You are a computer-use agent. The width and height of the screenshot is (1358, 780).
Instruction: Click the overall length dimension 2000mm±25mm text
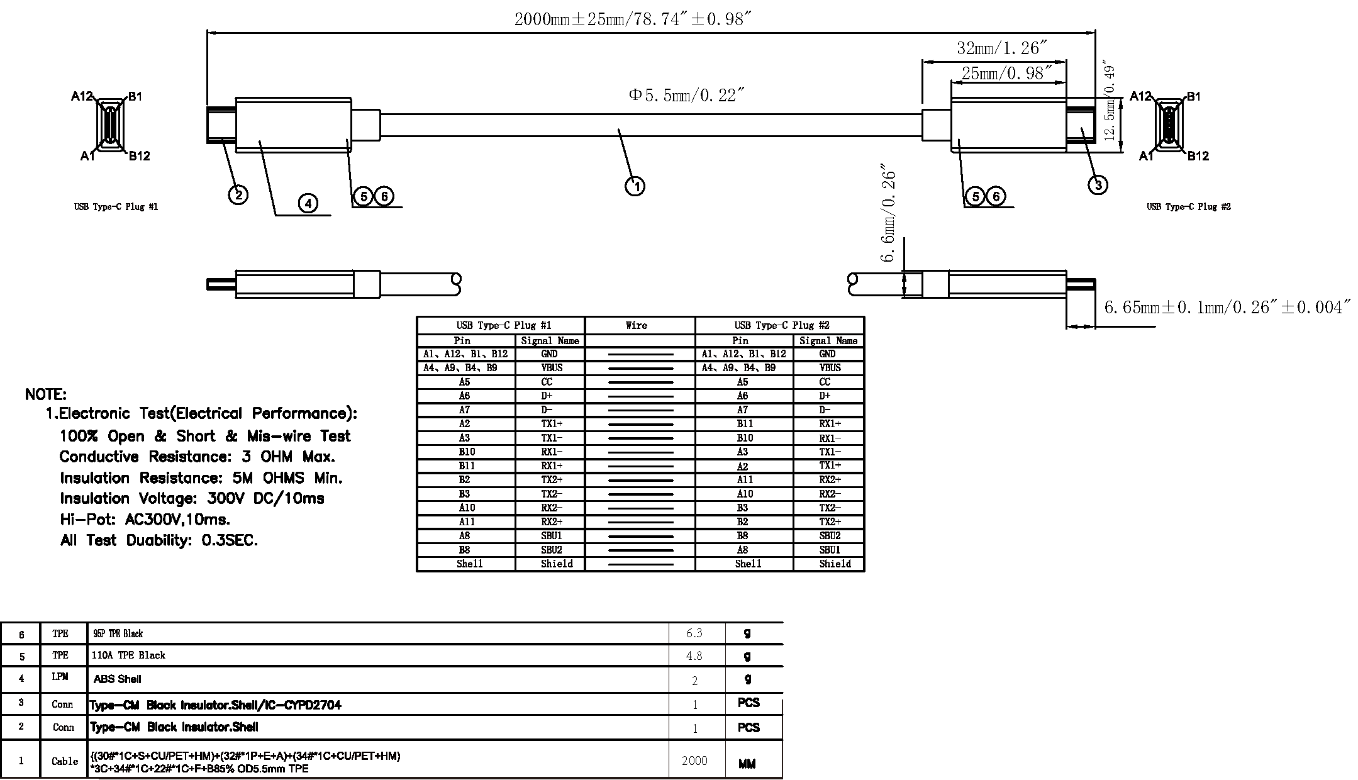632,19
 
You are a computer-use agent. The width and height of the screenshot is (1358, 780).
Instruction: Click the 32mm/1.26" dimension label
1002,48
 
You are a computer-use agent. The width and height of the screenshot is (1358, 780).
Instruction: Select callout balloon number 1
635,186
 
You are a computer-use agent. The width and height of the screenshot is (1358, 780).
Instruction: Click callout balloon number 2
238,195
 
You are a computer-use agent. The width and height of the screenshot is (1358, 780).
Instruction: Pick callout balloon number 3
1098,185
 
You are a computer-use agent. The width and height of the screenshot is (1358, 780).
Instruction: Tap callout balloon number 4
308,203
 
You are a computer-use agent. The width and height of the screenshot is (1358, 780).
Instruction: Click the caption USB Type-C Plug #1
116,207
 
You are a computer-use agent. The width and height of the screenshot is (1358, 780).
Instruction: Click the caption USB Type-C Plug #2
1188,207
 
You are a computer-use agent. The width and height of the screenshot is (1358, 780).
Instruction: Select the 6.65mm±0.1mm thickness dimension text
1227,308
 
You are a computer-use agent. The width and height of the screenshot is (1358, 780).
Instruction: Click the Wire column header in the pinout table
636,325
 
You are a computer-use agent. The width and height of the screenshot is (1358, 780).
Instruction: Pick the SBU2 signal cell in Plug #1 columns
551,550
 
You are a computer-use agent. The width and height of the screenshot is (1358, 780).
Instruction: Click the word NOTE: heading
45,394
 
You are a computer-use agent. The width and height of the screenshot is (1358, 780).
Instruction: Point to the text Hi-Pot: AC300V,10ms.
145,520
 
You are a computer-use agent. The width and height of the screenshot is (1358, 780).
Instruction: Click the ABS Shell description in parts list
117,679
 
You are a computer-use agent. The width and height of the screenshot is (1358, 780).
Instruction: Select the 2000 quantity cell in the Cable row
694,760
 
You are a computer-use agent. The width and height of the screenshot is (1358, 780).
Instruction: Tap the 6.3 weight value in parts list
694,633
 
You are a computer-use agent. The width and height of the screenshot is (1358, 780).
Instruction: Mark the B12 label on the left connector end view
140,156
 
